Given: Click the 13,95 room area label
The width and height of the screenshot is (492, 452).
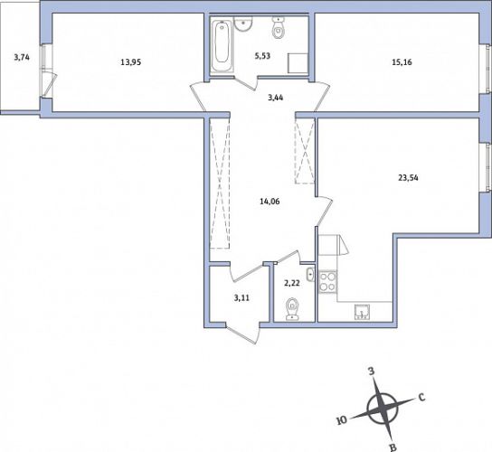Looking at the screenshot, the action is pyautogui.click(x=131, y=62).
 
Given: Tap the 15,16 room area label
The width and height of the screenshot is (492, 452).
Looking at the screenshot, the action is pyautogui.click(x=402, y=62).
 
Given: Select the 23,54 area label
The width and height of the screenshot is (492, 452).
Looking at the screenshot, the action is pyautogui.click(x=408, y=178).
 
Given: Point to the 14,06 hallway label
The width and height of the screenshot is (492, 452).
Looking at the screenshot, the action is pyautogui.click(x=270, y=202).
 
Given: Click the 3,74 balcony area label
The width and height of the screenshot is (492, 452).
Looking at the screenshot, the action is pyautogui.click(x=22, y=57).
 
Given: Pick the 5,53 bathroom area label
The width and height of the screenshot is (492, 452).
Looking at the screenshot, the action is pyautogui.click(x=262, y=56).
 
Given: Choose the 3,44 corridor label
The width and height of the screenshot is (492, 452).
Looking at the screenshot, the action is pyautogui.click(x=276, y=98).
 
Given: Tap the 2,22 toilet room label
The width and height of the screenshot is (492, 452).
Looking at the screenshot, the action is pyautogui.click(x=292, y=283).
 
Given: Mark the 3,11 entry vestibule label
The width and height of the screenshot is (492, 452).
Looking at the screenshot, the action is pyautogui.click(x=241, y=297).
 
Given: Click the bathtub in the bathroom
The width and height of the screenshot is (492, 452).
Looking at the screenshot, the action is pyautogui.click(x=222, y=46).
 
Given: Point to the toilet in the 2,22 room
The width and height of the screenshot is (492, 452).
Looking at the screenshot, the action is pyautogui.click(x=292, y=309).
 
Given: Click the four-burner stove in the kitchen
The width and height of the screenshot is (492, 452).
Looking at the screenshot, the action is pyautogui.click(x=327, y=281).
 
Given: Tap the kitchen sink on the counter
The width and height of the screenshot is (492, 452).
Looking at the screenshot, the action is pyautogui.click(x=362, y=312).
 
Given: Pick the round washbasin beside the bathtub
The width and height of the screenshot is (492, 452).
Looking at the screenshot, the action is pyautogui.click(x=243, y=24).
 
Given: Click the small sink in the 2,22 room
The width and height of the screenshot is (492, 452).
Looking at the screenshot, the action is pyautogui.click(x=310, y=275).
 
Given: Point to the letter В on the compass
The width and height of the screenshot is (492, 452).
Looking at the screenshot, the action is pyautogui.click(x=393, y=447).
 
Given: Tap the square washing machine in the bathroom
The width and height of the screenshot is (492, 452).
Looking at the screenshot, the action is pyautogui.click(x=298, y=63).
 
